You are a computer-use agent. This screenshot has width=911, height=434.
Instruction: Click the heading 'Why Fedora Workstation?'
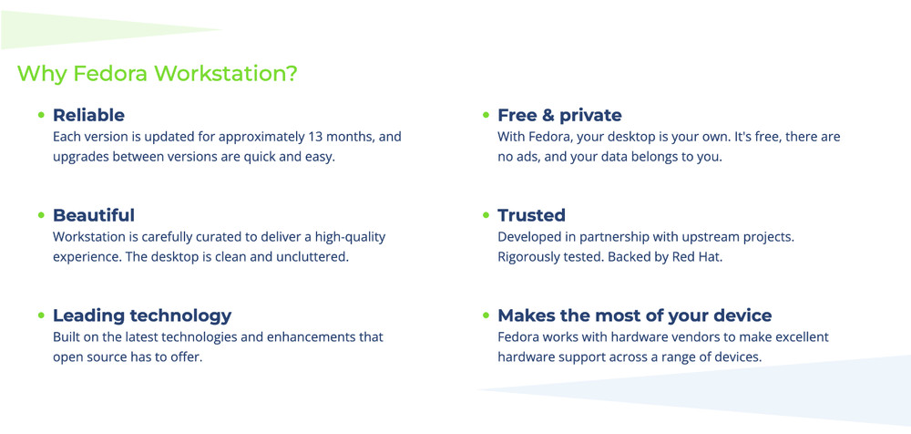click(158, 73)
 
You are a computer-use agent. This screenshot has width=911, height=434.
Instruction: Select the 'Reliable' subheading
click(88, 115)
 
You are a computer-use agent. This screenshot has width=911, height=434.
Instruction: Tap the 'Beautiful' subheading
click(94, 215)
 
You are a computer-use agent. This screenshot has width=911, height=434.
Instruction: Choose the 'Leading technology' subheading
click(142, 315)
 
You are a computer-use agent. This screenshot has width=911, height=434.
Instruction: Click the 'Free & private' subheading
click(559, 115)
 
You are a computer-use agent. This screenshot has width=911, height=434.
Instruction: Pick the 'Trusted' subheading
click(532, 215)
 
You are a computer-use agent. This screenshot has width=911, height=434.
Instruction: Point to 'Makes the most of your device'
click(634, 315)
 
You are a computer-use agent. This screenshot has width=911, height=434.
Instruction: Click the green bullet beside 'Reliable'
click(41, 115)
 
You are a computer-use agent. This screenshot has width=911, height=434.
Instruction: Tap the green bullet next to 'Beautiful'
click(41, 215)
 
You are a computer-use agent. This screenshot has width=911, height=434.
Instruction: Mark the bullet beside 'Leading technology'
click(41, 315)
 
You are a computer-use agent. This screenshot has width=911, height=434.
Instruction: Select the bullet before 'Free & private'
click(486, 115)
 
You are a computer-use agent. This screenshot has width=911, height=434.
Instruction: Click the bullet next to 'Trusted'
click(486, 215)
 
